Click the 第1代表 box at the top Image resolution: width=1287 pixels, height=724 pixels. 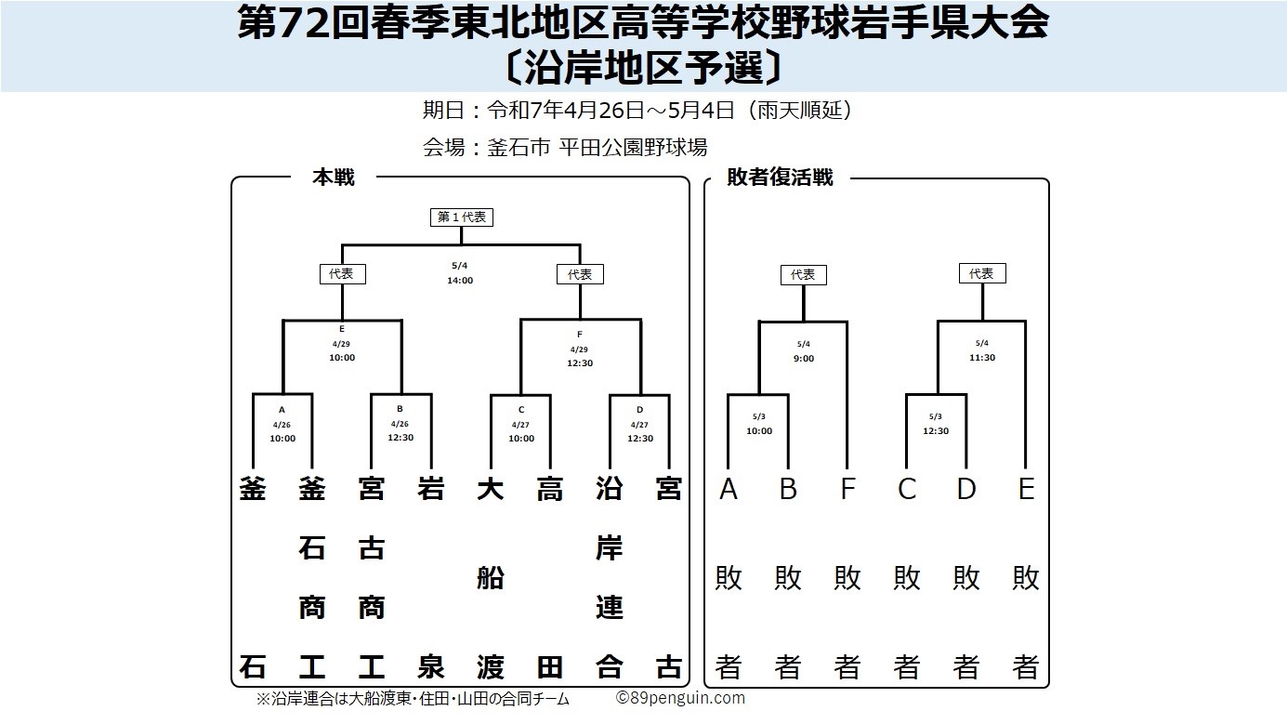[x=462, y=217]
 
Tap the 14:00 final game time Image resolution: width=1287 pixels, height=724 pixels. [x=460, y=281]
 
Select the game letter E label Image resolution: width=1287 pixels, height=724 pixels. [x=342, y=329]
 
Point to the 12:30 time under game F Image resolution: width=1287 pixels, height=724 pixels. [x=580, y=363]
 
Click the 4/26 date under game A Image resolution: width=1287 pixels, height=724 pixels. [x=282, y=426]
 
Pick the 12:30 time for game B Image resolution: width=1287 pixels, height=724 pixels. [x=401, y=437]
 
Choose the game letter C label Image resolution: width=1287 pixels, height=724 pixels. [x=521, y=410]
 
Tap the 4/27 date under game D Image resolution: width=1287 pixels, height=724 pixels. [x=639, y=426]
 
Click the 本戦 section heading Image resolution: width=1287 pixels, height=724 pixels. [x=334, y=178]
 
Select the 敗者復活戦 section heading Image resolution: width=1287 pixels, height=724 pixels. [x=780, y=178]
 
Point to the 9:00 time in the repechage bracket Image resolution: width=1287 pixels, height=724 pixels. [x=804, y=359]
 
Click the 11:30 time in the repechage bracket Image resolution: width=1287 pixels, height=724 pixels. [x=982, y=358]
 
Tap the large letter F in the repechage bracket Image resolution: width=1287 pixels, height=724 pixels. [x=848, y=489]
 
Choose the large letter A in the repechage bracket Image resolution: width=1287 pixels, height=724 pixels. [x=729, y=489]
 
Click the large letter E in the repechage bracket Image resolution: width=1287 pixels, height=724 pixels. [x=1026, y=489]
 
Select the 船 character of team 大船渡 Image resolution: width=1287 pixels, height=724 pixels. [x=490, y=578]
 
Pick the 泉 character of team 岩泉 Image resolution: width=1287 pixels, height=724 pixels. [x=431, y=667]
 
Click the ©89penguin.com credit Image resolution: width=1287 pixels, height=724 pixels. [x=680, y=698]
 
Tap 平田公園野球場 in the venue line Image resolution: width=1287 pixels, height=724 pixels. [x=633, y=148]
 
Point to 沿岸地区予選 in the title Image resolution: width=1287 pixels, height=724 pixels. [x=643, y=68]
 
